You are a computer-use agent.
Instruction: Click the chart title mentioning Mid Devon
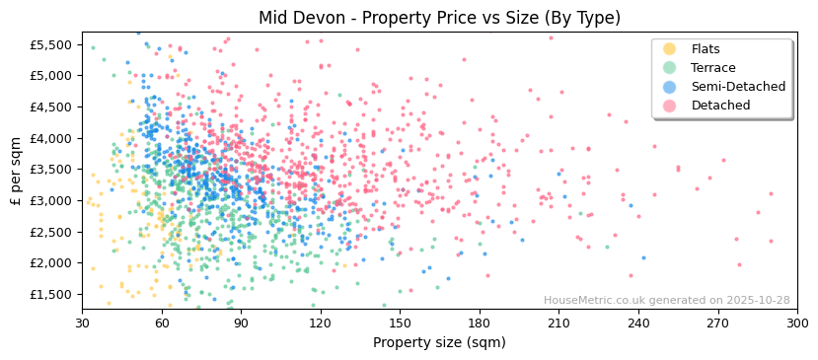(439, 18)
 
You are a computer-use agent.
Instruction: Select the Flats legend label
(705, 49)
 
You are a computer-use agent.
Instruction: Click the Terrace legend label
(712, 68)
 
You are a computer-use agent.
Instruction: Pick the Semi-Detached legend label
(738, 87)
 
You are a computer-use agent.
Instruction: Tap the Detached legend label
(720, 106)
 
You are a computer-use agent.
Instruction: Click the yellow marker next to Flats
(670, 49)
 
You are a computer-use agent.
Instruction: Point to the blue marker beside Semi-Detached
(670, 87)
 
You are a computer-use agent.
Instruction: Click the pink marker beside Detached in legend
(670, 106)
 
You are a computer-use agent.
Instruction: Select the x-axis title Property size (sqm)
(439, 343)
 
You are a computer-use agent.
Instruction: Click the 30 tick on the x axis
(82, 323)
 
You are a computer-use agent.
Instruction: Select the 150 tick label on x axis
(400, 323)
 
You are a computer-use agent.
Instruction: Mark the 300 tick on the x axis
(797, 323)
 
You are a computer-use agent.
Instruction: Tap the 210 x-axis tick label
(558, 323)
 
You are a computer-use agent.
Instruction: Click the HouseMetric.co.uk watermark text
(666, 301)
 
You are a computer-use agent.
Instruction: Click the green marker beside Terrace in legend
(670, 68)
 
